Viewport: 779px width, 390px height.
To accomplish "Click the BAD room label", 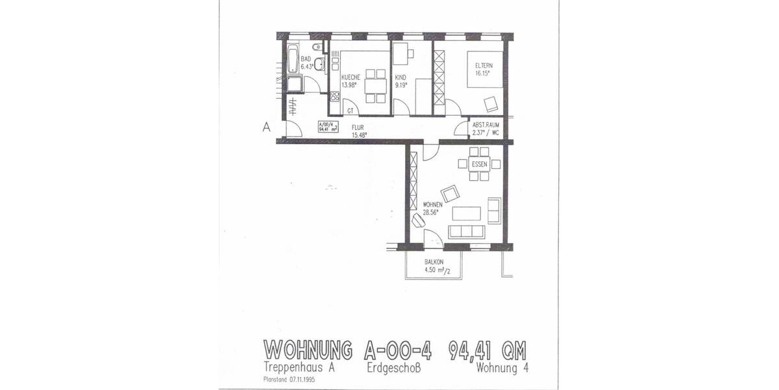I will [305, 58].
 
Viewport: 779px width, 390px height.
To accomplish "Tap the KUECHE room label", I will [351, 77].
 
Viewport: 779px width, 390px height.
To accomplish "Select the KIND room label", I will [401, 77].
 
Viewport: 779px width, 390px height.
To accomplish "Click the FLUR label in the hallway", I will [358, 127].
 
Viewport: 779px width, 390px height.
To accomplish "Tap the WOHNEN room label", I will [432, 203].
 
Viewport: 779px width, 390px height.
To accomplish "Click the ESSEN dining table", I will [479, 164].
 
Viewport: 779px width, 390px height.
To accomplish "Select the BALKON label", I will [434, 263].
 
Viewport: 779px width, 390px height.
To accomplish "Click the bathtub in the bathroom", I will [291, 59].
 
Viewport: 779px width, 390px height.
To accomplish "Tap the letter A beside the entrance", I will [266, 127].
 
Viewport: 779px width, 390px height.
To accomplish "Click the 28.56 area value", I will [430, 212].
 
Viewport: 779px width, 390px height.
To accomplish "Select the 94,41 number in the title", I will [476, 351].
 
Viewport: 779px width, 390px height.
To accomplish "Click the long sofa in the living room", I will [465, 232].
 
